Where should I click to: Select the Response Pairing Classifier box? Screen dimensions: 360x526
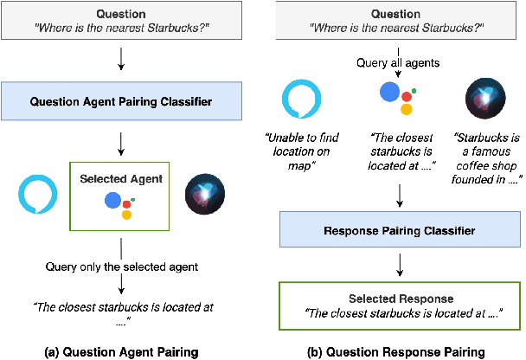(399, 231)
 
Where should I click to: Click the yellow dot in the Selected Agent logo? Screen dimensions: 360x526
(126, 214)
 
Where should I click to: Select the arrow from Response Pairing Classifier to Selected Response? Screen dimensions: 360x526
(399, 263)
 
